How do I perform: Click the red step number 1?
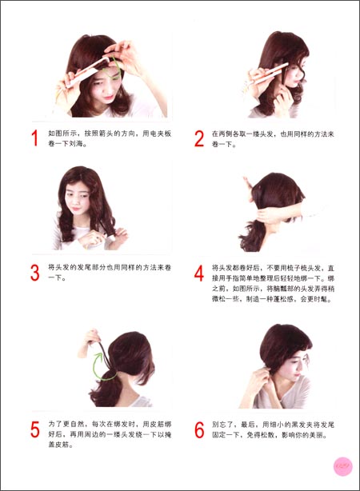click(x=34, y=138)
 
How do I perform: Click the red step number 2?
click(x=199, y=138)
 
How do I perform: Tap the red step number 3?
click(x=34, y=272)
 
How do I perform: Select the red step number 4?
click(x=199, y=273)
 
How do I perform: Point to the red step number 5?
click(x=34, y=429)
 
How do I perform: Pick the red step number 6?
click(x=199, y=429)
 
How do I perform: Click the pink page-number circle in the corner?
click(x=342, y=465)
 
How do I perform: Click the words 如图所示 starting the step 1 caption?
click(x=61, y=134)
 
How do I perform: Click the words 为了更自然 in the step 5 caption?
click(x=66, y=423)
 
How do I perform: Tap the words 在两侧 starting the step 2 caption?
click(x=222, y=134)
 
